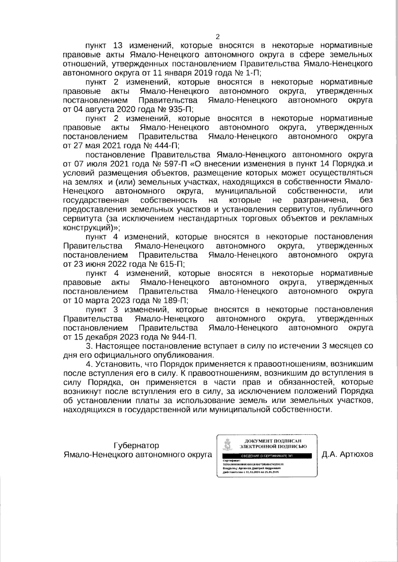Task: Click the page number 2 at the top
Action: (x=218, y=37)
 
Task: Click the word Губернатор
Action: (x=136, y=445)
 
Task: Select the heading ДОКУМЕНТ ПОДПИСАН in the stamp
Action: (x=273, y=440)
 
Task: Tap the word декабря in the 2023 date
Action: (x=99, y=337)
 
